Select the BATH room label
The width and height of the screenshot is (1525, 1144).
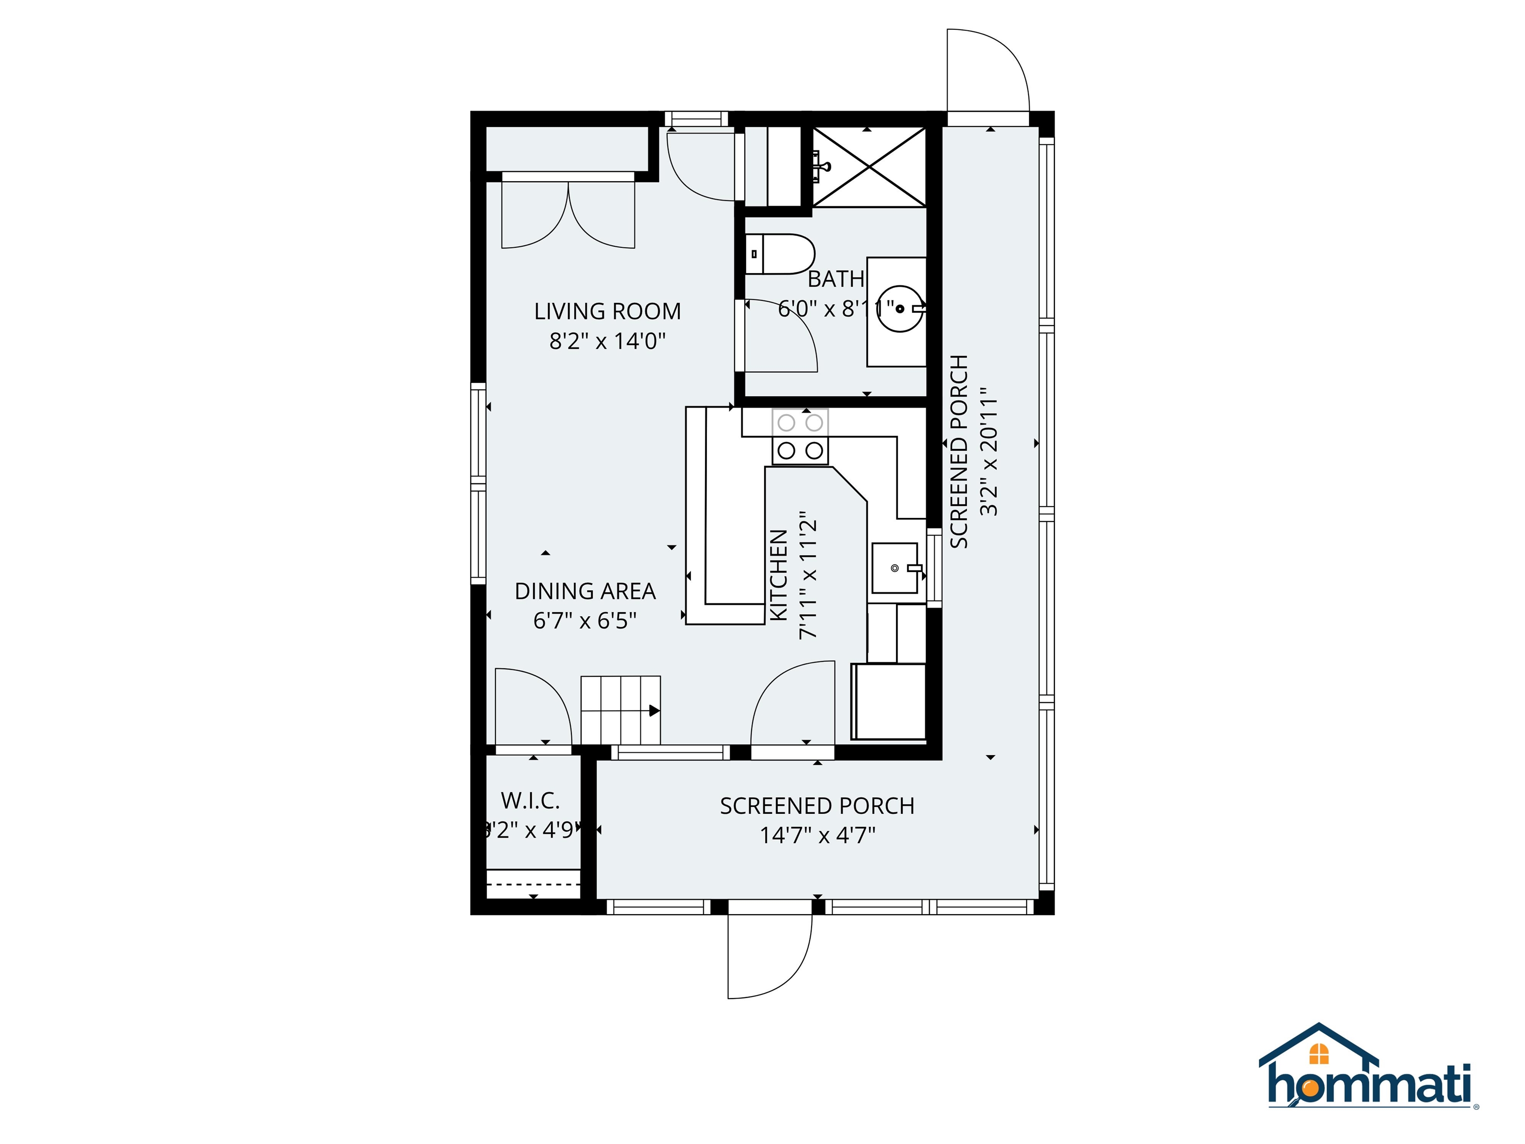click(x=835, y=279)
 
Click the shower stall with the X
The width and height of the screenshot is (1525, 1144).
click(x=869, y=166)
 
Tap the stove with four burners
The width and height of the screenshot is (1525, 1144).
click(x=800, y=437)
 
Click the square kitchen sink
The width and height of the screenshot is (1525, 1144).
click(x=894, y=568)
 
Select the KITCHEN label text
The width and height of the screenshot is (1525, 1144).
click(x=778, y=575)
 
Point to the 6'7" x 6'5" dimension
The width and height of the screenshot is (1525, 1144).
click(x=585, y=621)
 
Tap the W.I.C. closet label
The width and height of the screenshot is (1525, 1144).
click(x=530, y=800)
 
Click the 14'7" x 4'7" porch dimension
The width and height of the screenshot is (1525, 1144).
click(x=817, y=836)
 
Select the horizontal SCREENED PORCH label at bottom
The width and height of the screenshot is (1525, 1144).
click(x=817, y=806)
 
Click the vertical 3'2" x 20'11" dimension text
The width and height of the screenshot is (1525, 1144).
click(x=989, y=452)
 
